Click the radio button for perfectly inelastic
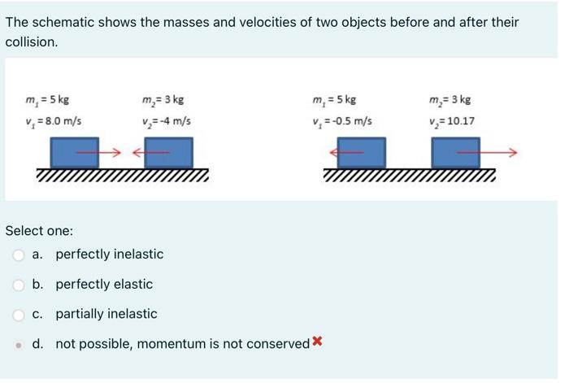click(19, 255)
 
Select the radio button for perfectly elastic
click(19, 285)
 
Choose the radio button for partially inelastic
click(19, 315)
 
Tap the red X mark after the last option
click(317, 342)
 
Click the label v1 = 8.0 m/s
click(54, 123)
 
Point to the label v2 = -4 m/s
click(166, 123)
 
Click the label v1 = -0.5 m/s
click(341, 123)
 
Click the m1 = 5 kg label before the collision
click(47, 101)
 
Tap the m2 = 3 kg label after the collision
click(450, 101)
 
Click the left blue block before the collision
click(74, 153)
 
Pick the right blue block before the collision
click(168, 153)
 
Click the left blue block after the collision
click(361, 153)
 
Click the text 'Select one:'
click(39, 231)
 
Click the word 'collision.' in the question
click(32, 42)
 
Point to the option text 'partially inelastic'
click(106, 314)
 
